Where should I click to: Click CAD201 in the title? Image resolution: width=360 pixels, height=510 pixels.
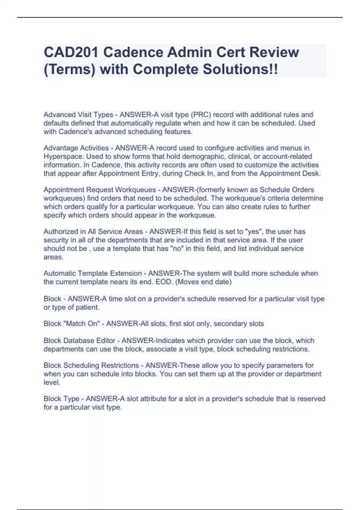[x=71, y=52]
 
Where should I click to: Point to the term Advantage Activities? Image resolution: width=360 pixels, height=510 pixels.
[x=76, y=148]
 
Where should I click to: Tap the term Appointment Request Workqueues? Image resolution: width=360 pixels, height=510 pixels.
[x=100, y=190]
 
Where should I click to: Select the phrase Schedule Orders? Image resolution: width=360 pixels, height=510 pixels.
[x=287, y=190]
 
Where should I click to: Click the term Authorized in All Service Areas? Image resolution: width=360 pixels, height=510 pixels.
[x=93, y=232]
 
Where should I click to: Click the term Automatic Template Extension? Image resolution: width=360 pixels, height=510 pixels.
[x=92, y=273]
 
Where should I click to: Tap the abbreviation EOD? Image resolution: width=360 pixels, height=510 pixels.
[x=164, y=282]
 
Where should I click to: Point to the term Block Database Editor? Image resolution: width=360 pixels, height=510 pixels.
[x=79, y=340]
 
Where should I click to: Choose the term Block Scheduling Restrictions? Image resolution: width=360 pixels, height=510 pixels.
[x=91, y=365]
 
